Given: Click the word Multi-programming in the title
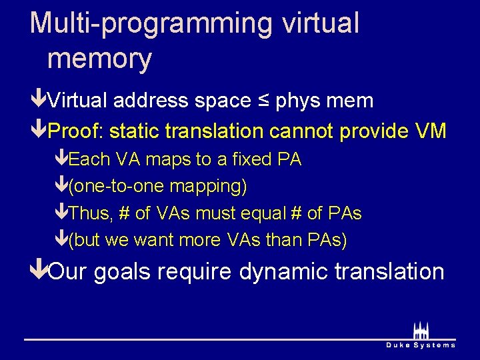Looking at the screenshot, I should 151,23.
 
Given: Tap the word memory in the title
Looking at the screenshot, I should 100,59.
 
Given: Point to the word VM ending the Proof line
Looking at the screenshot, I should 430,131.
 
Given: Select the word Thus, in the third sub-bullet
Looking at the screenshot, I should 91,213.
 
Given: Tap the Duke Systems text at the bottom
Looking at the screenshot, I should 421,345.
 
